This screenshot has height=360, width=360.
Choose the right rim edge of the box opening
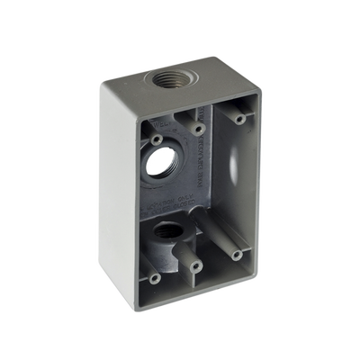tap(263, 180)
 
